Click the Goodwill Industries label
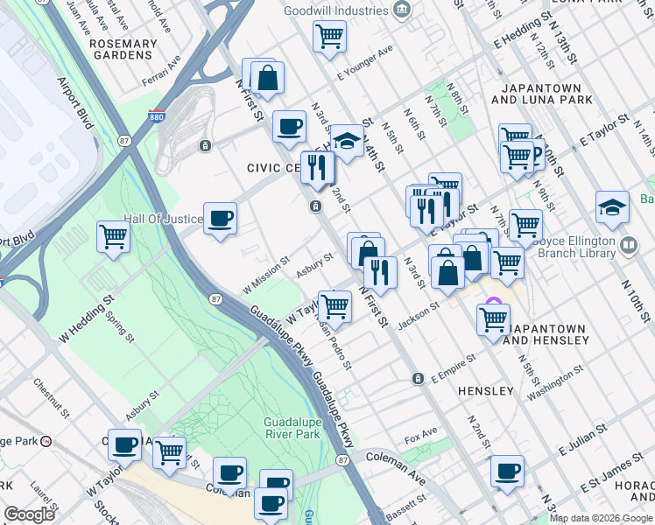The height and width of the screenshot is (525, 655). tap(335, 10)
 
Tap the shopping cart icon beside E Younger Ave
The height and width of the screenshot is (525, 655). tap(329, 37)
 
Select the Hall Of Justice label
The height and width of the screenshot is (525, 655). tap(162, 219)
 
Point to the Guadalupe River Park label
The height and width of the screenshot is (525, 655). tap(297, 428)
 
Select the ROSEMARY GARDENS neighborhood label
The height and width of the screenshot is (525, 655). tap(123, 49)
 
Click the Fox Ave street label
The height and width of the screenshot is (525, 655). tap(420, 433)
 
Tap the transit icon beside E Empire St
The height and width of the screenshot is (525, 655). tap(419, 378)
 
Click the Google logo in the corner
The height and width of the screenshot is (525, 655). tap(29, 514)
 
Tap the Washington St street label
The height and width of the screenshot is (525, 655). tap(555, 381)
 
